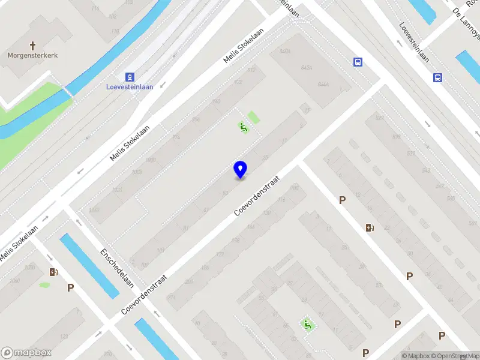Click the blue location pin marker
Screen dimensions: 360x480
[x=240, y=169]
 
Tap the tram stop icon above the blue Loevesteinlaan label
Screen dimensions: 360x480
[x=130, y=77]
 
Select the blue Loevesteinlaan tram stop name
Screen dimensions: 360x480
[x=130, y=87]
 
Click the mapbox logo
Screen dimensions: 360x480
[x=26, y=353]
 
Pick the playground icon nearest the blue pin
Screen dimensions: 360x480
[x=243, y=127]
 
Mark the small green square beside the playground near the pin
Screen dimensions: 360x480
[x=254, y=117]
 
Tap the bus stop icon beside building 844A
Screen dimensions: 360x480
[x=358, y=62]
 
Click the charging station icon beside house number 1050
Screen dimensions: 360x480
[x=54, y=272]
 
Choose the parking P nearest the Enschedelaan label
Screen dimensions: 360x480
[x=71, y=288]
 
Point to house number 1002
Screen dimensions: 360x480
[x=94, y=209]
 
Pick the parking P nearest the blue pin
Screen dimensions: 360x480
[x=343, y=200]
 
